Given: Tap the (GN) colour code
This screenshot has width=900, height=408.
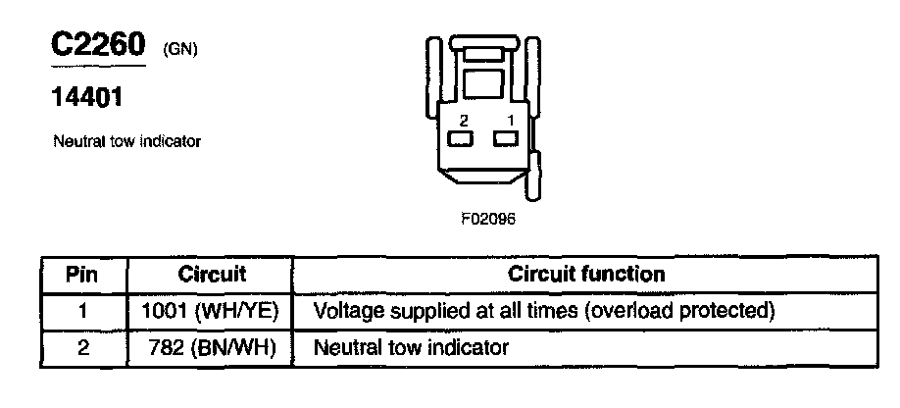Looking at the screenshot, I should [x=181, y=49].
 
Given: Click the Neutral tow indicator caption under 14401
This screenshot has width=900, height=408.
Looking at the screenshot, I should [x=126, y=141].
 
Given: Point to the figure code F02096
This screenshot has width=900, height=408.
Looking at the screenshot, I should [x=487, y=219].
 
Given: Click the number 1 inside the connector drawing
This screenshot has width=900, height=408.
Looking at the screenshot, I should [x=509, y=120].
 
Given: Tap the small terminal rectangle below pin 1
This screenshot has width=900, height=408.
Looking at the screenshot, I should [x=506, y=139].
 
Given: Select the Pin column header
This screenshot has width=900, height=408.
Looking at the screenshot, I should [x=83, y=275].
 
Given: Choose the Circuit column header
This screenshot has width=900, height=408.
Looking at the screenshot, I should [x=212, y=275].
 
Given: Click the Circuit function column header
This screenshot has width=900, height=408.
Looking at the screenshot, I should [x=586, y=275].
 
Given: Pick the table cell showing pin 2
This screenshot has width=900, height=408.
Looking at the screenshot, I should [x=83, y=347].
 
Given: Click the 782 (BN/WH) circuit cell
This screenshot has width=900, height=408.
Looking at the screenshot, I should [x=212, y=347].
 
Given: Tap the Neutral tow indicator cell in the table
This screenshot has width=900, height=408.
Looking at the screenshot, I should [x=411, y=347].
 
